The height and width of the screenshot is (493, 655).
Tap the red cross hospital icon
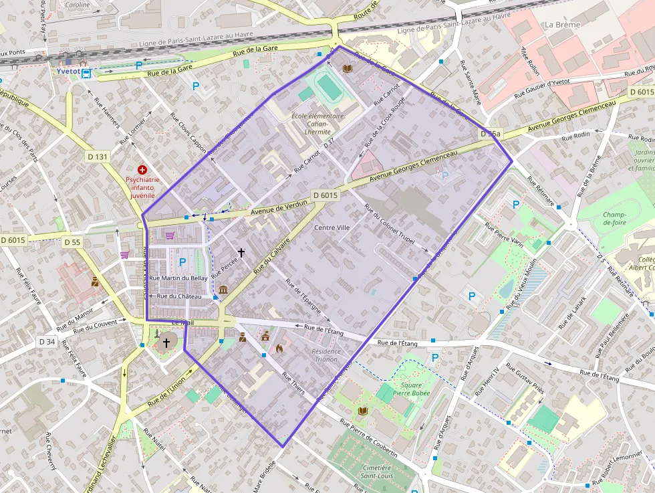(x=142, y=171)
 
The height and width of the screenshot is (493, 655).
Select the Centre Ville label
(x=332, y=227)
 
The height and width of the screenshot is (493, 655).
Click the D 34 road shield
(x=46, y=341)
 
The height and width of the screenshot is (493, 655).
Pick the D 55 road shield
(x=72, y=241)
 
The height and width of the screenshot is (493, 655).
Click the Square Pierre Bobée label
(x=411, y=389)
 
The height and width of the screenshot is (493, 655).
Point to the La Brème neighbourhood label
(x=562, y=25)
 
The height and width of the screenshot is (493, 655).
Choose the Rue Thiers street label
(x=293, y=384)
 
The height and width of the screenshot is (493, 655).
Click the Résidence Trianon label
(x=325, y=355)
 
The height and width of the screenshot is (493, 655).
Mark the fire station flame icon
(x=279, y=348)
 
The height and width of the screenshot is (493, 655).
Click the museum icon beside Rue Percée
(x=223, y=290)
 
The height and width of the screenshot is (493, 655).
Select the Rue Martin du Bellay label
(x=178, y=278)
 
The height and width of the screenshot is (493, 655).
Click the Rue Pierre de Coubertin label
(x=368, y=439)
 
